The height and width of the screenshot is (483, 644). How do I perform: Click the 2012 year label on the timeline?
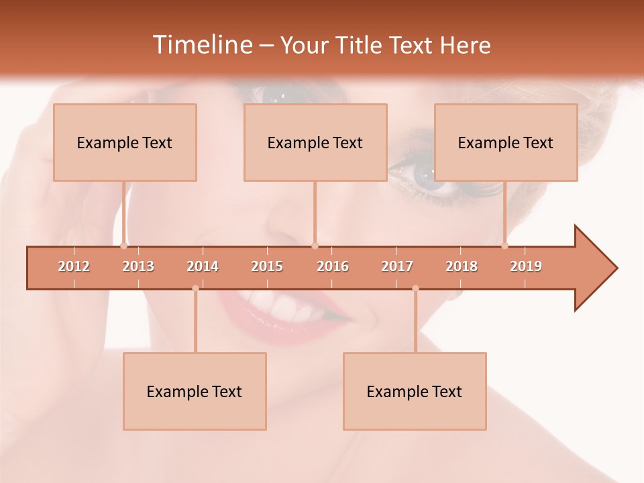74,266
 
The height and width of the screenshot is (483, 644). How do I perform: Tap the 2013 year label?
138,266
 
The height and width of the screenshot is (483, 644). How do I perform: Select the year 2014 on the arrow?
203,266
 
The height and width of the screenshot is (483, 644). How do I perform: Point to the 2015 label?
267,266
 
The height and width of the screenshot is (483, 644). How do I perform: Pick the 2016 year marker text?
333,266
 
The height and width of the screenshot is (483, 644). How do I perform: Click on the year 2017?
397,266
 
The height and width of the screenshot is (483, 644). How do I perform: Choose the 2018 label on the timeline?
462,266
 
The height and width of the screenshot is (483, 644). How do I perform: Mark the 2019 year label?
526,266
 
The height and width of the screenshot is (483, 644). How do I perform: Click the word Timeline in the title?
202,45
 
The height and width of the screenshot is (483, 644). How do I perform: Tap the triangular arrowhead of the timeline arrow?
594,268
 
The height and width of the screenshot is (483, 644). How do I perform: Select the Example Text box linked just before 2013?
125,142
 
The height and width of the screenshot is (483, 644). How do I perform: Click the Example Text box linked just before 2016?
315,142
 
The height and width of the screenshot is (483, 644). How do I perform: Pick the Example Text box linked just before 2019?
506,142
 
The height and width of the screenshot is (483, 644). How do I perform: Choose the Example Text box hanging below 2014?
195,391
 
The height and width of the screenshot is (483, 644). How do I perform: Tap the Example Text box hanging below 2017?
415,391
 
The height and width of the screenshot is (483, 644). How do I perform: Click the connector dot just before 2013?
124,246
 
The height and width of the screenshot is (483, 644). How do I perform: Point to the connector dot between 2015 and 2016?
315,246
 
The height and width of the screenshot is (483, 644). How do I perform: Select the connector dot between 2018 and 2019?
505,246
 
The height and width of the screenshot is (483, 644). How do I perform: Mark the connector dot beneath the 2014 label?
195,288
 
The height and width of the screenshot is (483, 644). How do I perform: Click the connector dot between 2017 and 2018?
415,288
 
